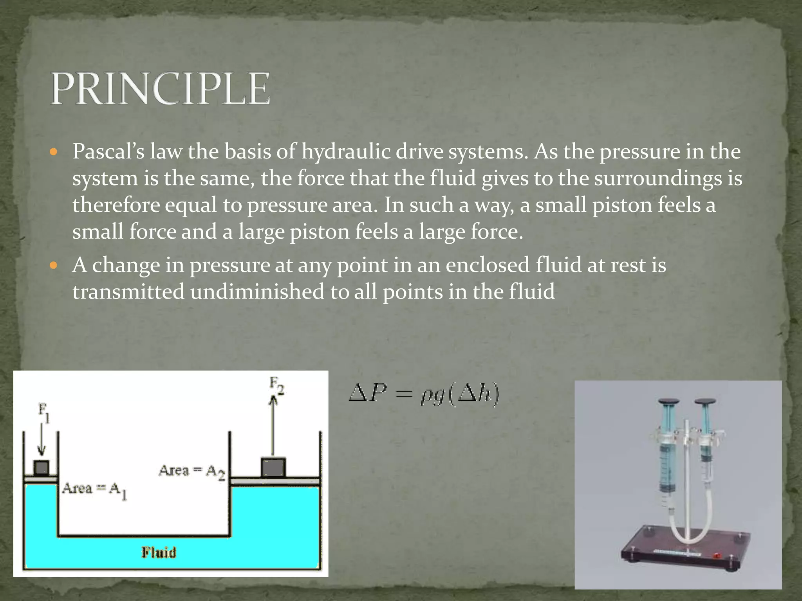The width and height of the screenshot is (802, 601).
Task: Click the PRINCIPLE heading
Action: coord(160,88)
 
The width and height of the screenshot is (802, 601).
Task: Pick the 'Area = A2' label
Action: coord(192,471)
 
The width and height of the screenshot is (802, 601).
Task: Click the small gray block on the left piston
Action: coord(41,468)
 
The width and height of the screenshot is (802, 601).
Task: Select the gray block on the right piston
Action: coord(273,468)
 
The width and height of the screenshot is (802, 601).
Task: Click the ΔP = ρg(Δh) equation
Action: coord(424,395)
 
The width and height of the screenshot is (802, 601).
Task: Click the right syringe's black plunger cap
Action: coord(705,402)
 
